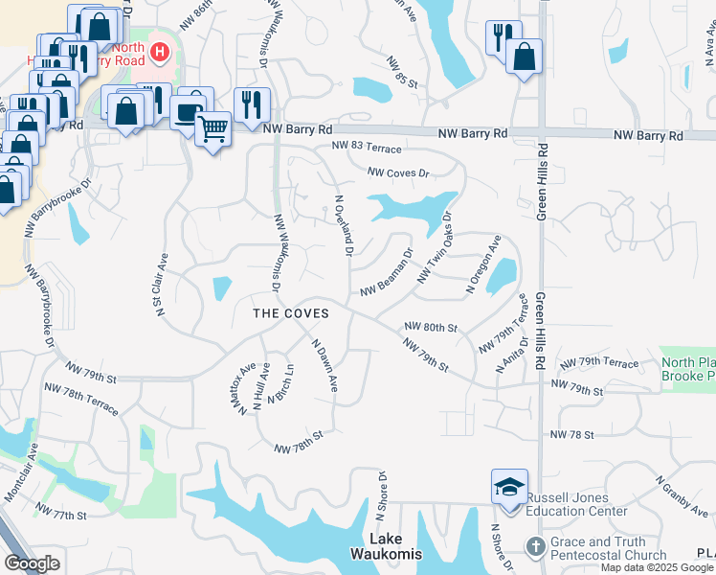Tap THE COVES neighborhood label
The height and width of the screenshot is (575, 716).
click(x=290, y=313)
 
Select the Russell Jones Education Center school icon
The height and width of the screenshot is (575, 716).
click(x=509, y=487)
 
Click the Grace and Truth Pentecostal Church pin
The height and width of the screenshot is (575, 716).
click(x=534, y=547)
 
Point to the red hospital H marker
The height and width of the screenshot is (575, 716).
click(x=160, y=52)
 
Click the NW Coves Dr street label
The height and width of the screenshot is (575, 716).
click(x=401, y=173)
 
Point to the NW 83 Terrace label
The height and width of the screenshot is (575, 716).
click(x=367, y=148)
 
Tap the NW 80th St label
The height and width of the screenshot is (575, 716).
click(x=431, y=327)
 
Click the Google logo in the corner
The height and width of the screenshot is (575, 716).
click(x=32, y=563)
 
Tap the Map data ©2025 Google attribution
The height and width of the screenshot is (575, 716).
click(x=657, y=567)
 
